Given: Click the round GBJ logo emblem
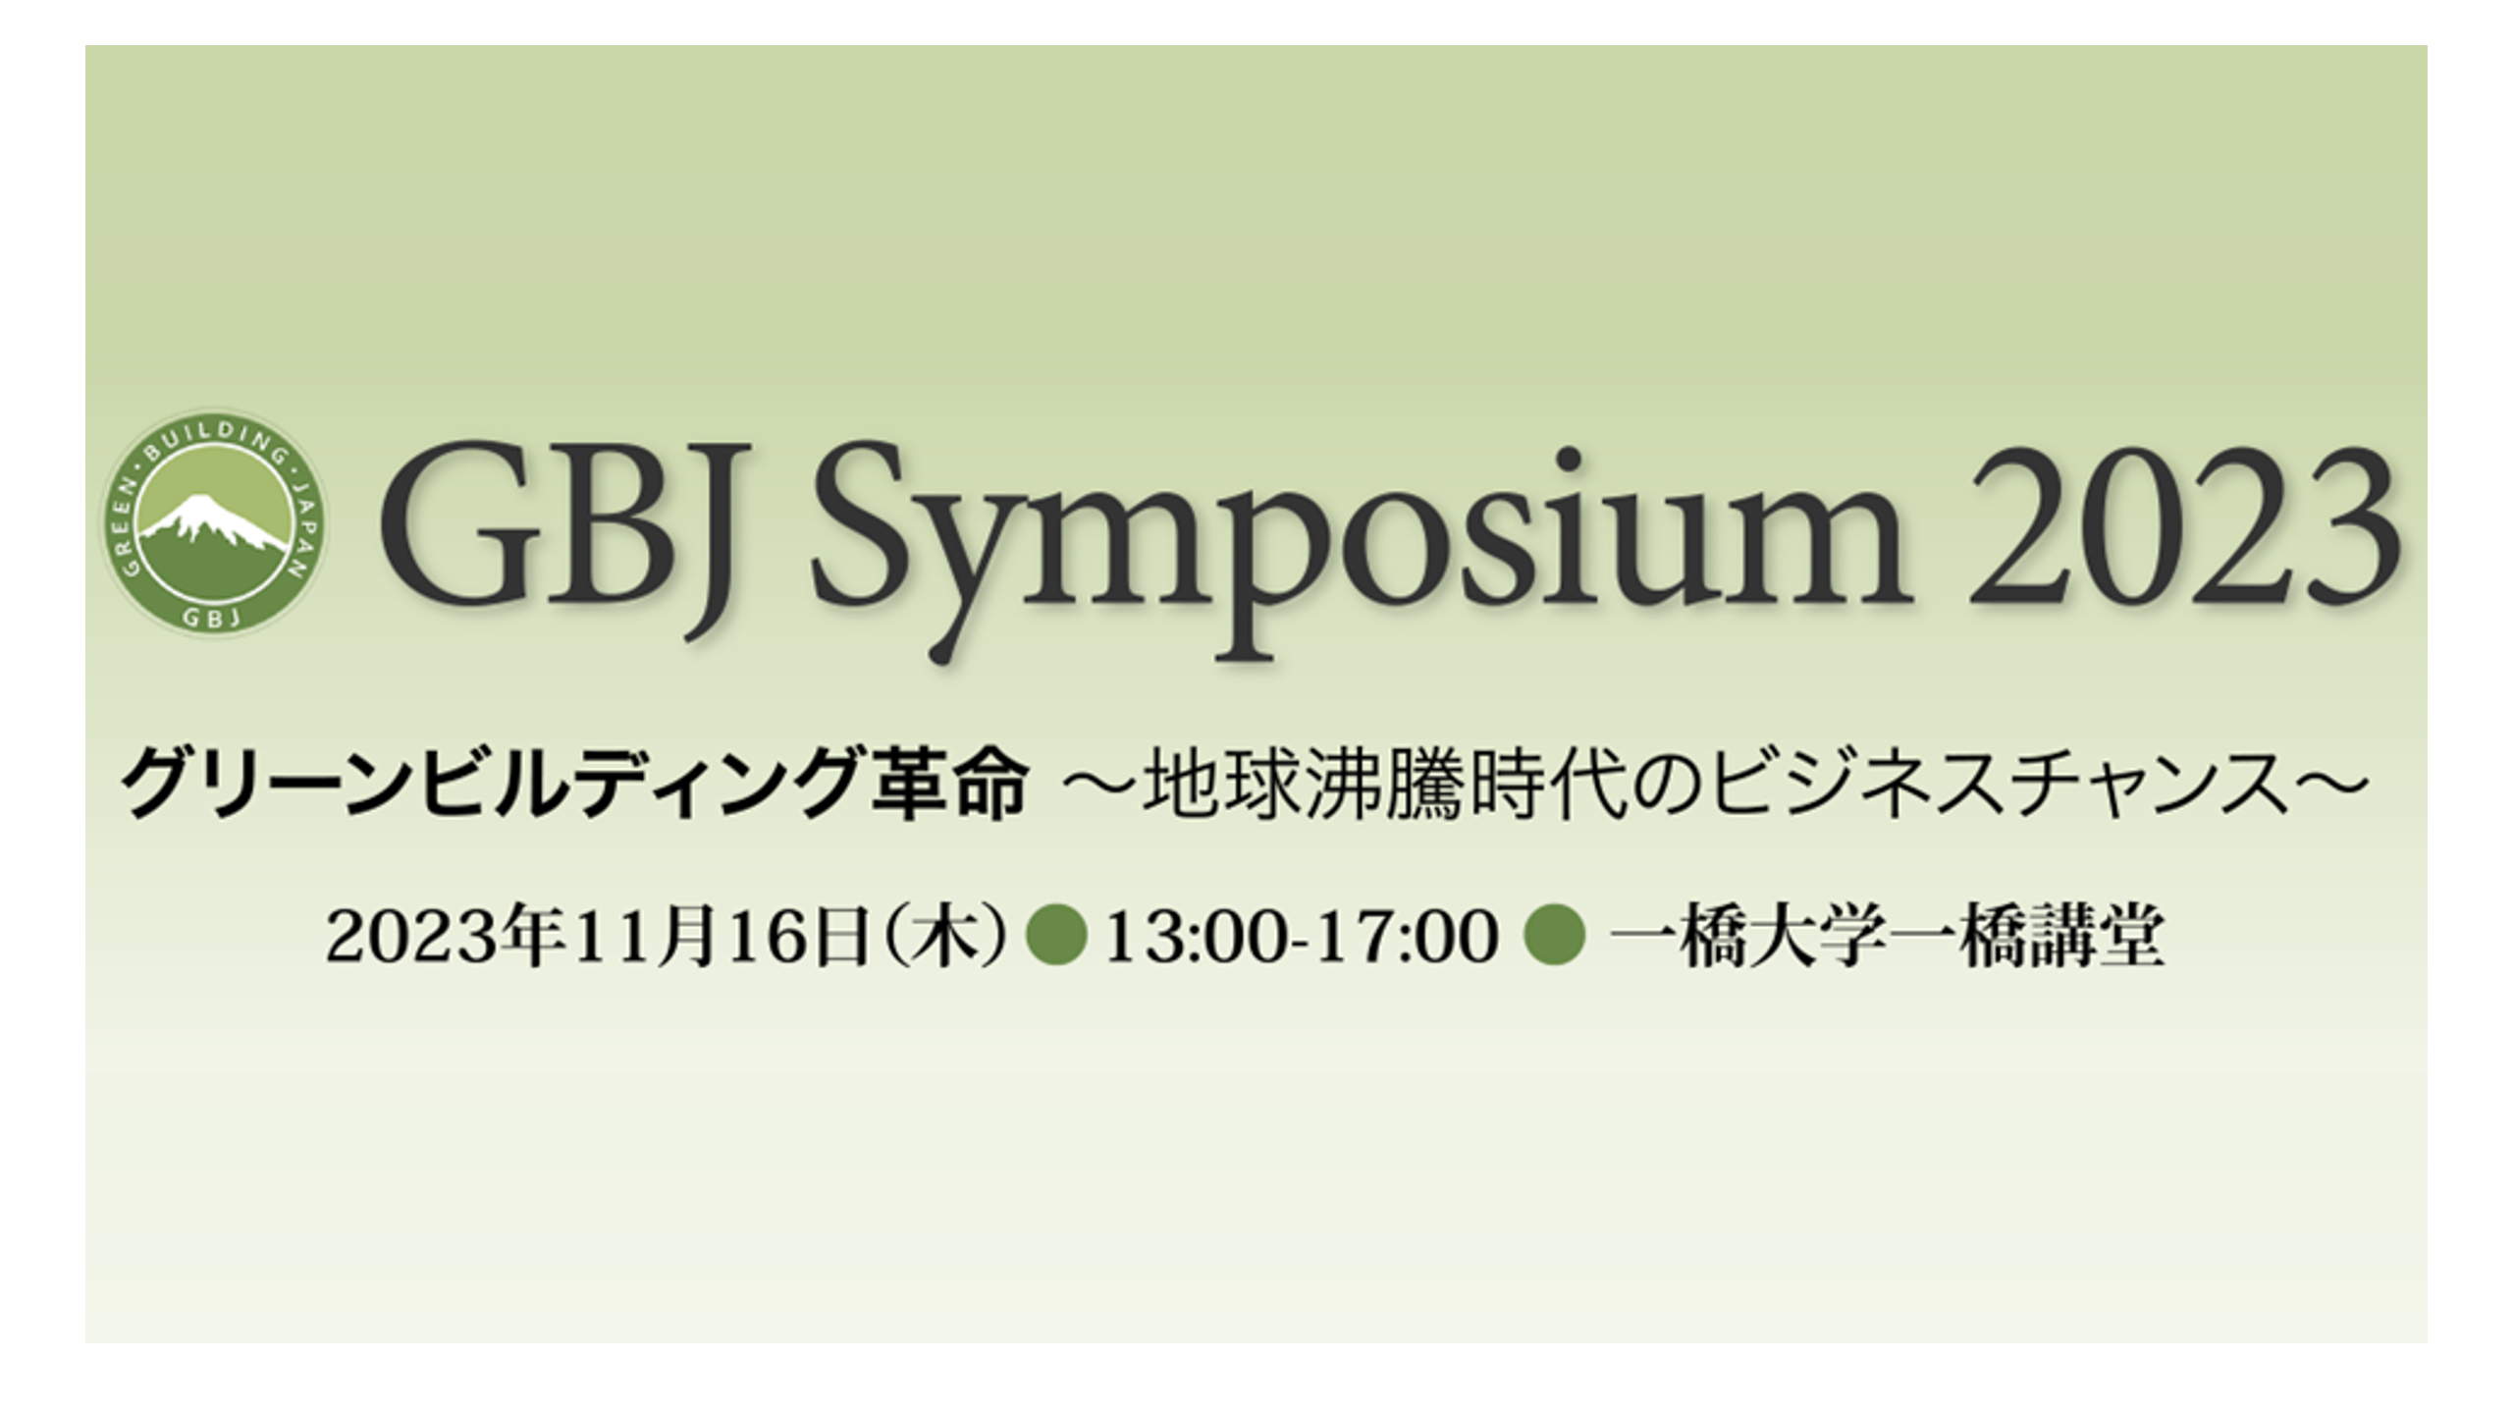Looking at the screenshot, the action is click(215, 522).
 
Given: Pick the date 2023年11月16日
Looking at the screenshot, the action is click(598, 937).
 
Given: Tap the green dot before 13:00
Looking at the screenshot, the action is click(1056, 936).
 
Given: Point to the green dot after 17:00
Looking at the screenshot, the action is click(1555, 936).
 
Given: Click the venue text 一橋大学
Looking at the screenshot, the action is click(1748, 937).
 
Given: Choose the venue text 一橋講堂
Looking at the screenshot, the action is click(2026, 937).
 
